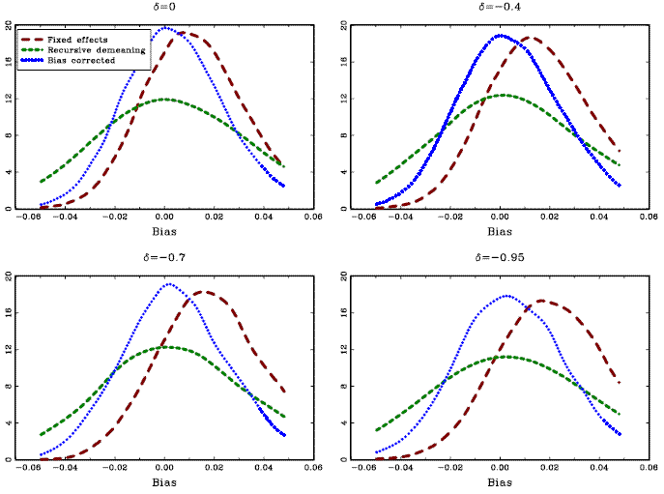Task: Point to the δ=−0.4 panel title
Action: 499,7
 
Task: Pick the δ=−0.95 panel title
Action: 499,257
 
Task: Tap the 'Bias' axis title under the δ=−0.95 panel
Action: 500,483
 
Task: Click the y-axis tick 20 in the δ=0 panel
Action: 9,25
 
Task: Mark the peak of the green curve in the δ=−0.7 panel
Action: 167,346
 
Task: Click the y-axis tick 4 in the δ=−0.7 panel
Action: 9,422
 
